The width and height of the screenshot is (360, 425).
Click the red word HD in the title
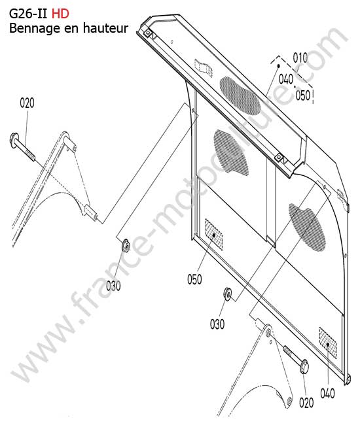pos(60,14)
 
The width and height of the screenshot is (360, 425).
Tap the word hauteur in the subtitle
pos(106,28)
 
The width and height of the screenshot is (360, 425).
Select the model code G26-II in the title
pos(28,14)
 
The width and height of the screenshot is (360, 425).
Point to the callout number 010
pos(300,58)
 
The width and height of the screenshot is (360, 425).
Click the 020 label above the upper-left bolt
pos(27,103)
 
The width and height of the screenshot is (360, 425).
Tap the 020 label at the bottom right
pos(306,403)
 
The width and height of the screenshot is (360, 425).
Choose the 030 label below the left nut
pos(113,286)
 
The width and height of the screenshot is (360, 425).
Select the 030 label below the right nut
pos(217,324)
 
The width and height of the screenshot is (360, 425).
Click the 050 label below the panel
pos(194,279)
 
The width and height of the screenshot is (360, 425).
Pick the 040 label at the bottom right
pos(327,393)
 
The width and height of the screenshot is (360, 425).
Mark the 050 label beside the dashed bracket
pos(303,95)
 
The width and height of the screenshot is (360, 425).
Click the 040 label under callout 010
pos(286,79)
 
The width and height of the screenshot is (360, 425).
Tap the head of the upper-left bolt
pos(14,140)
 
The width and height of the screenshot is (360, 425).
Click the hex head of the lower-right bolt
pos(304,367)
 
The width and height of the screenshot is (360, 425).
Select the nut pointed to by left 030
pos(126,245)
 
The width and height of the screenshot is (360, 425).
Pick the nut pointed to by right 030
pos(227,294)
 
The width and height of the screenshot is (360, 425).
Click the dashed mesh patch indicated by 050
pos(214,235)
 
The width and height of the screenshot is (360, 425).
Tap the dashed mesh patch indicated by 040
pos(328,343)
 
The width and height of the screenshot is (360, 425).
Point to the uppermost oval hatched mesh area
pos(240,95)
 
